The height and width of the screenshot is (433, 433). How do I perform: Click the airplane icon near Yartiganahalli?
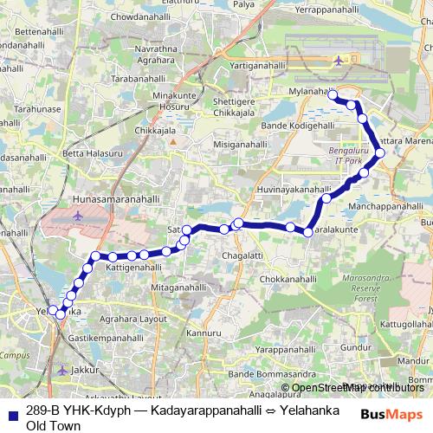[x=338, y=61]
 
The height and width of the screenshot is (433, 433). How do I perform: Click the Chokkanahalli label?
[x=288, y=280]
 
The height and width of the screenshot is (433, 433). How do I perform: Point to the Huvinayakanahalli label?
[x=294, y=189]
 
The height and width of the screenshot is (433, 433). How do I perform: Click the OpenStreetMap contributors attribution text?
[x=358, y=387]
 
